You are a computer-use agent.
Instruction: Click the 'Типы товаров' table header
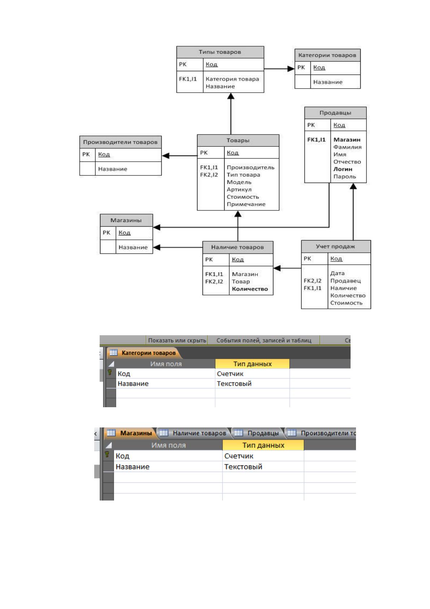point(220,52)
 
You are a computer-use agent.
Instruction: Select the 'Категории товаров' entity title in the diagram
point(327,55)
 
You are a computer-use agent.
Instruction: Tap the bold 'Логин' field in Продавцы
point(343,169)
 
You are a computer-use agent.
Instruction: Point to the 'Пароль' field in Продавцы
point(344,176)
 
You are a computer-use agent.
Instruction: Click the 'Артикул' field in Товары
point(239,189)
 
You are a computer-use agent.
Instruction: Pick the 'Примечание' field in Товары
point(246,204)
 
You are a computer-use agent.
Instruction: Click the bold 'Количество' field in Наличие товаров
point(250,289)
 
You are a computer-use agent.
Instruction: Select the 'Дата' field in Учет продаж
point(338,273)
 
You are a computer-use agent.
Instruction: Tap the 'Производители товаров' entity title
point(120,142)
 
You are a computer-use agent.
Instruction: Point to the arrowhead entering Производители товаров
point(166,156)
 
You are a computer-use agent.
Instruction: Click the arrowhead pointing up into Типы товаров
point(231,96)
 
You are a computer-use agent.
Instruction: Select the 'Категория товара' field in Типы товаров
point(233,79)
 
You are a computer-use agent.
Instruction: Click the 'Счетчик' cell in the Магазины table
point(239,456)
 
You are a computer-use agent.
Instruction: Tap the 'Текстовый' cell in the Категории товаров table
point(234,384)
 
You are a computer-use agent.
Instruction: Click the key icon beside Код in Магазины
point(107,454)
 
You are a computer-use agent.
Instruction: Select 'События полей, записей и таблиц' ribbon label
point(264,340)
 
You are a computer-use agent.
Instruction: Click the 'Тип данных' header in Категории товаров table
point(252,364)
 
